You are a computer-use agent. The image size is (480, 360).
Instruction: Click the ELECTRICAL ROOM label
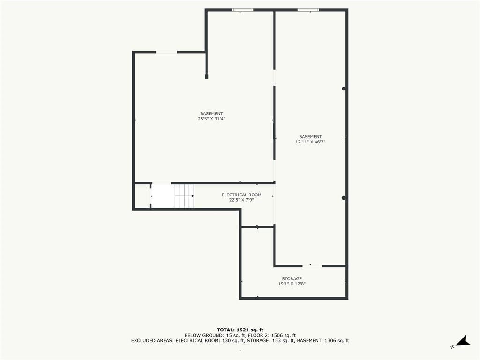[x=241, y=195]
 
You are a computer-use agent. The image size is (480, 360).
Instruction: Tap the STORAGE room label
[x=292, y=278]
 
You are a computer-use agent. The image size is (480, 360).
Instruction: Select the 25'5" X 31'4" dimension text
[x=211, y=119]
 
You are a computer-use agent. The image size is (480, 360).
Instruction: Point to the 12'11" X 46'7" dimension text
[x=310, y=142]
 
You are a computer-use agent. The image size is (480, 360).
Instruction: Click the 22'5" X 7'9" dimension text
[x=241, y=200]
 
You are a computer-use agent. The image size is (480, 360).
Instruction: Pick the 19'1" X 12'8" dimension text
[x=292, y=284]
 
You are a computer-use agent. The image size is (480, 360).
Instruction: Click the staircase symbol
[x=184, y=196]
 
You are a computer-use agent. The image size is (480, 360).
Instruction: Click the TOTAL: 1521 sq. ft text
[x=240, y=330]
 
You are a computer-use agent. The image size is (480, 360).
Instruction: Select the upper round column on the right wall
[x=344, y=89]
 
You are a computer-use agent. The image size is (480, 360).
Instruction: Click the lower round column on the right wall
[x=344, y=198]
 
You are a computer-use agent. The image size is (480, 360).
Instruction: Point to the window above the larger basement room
[x=243, y=10]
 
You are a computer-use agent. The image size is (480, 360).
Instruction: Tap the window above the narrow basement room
[x=308, y=10]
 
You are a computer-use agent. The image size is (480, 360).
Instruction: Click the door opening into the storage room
[x=312, y=266]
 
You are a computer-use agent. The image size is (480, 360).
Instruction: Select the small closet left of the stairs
[x=142, y=196]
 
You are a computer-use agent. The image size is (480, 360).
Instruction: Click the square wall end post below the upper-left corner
[x=206, y=76]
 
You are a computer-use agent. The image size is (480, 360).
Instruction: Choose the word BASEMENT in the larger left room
[x=211, y=113]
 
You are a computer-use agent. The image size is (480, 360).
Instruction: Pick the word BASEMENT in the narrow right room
[x=310, y=137]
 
